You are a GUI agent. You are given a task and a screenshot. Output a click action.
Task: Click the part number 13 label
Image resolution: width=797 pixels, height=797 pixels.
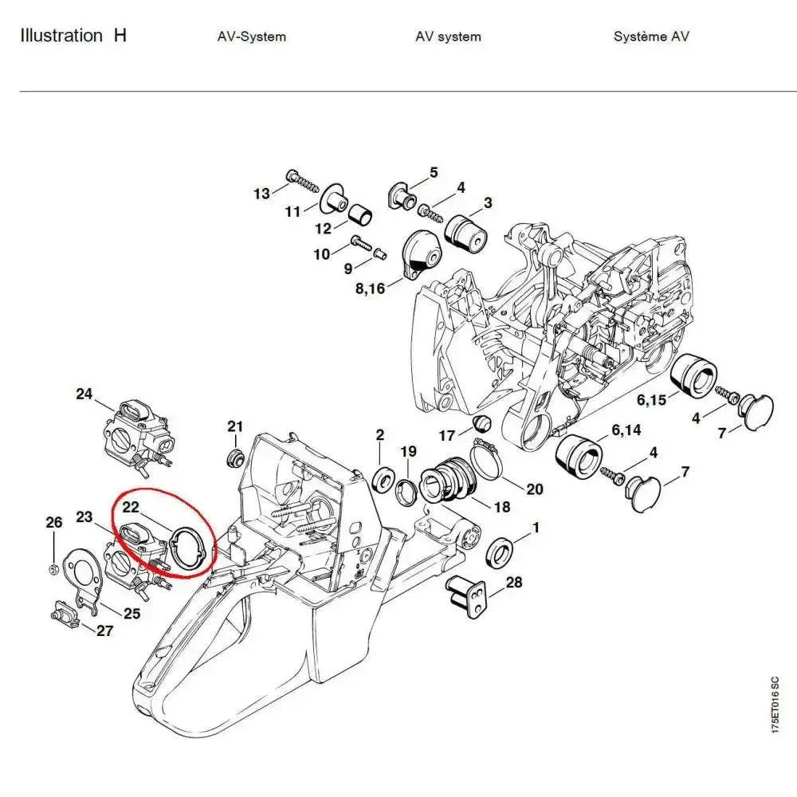click(261, 194)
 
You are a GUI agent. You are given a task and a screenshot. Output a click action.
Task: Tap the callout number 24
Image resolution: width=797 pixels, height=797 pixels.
click(84, 394)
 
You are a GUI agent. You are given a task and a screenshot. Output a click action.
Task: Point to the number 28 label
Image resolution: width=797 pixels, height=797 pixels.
click(514, 583)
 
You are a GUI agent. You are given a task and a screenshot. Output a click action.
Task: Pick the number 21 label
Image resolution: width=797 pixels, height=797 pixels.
click(234, 426)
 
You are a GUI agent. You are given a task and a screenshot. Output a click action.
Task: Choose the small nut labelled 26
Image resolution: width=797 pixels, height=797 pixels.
click(51, 568)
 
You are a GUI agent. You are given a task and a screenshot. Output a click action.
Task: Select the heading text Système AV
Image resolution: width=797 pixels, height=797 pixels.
click(651, 37)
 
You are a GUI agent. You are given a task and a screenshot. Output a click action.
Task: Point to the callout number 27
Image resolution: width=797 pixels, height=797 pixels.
click(104, 631)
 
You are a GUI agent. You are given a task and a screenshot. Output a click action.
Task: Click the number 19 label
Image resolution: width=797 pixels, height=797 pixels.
click(408, 452)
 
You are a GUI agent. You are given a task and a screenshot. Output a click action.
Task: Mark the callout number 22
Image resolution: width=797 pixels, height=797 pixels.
click(131, 507)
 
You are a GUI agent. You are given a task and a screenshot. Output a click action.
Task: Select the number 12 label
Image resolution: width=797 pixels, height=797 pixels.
click(323, 229)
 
